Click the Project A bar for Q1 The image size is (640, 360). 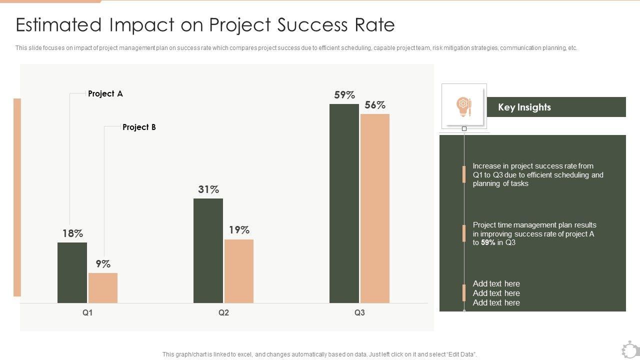click(x=72, y=272)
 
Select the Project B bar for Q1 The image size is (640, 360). click(x=103, y=288)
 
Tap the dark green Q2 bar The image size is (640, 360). click(x=208, y=250)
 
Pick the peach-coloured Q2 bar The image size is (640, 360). click(x=239, y=271)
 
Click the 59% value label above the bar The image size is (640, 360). click(x=344, y=95)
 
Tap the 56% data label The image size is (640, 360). click(x=375, y=105)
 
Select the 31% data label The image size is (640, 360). click(x=208, y=189)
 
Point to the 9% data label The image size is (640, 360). click(x=103, y=264)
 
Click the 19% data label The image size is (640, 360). click(x=239, y=230)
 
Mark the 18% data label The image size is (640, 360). click(x=72, y=233)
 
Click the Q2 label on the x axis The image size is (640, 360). click(x=223, y=313)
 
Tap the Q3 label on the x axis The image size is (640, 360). click(x=359, y=313)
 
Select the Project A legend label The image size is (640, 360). click(x=105, y=93)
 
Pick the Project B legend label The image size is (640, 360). click(x=139, y=127)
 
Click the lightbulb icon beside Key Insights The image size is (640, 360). click(x=463, y=106)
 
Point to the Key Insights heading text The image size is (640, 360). click(x=524, y=107)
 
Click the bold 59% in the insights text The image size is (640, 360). click(x=488, y=242)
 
